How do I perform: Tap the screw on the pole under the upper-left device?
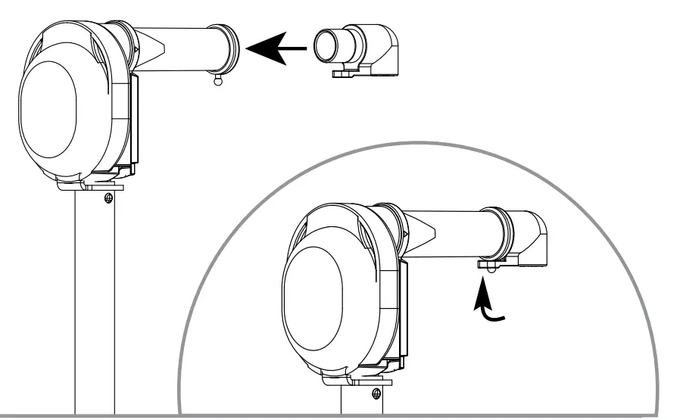click(108, 198)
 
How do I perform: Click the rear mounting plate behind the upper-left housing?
click(135, 121)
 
